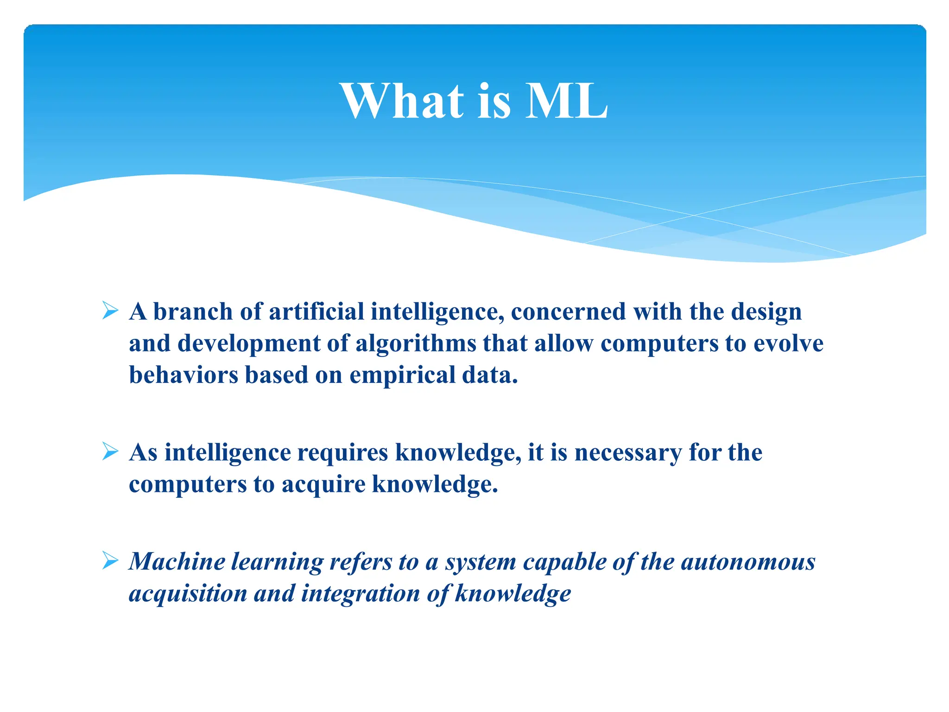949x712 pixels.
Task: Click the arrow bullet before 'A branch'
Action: tap(110, 311)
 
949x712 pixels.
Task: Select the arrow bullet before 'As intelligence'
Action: tap(110, 451)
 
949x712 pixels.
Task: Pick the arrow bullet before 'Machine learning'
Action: tap(110, 561)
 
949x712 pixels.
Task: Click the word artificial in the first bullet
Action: tap(316, 311)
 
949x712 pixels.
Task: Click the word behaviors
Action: tap(183, 375)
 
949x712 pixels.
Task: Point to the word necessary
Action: tap(627, 452)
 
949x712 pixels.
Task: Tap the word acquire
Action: tap(323, 484)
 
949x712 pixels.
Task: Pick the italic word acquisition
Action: tap(188, 594)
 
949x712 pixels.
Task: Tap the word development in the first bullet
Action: tap(248, 343)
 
